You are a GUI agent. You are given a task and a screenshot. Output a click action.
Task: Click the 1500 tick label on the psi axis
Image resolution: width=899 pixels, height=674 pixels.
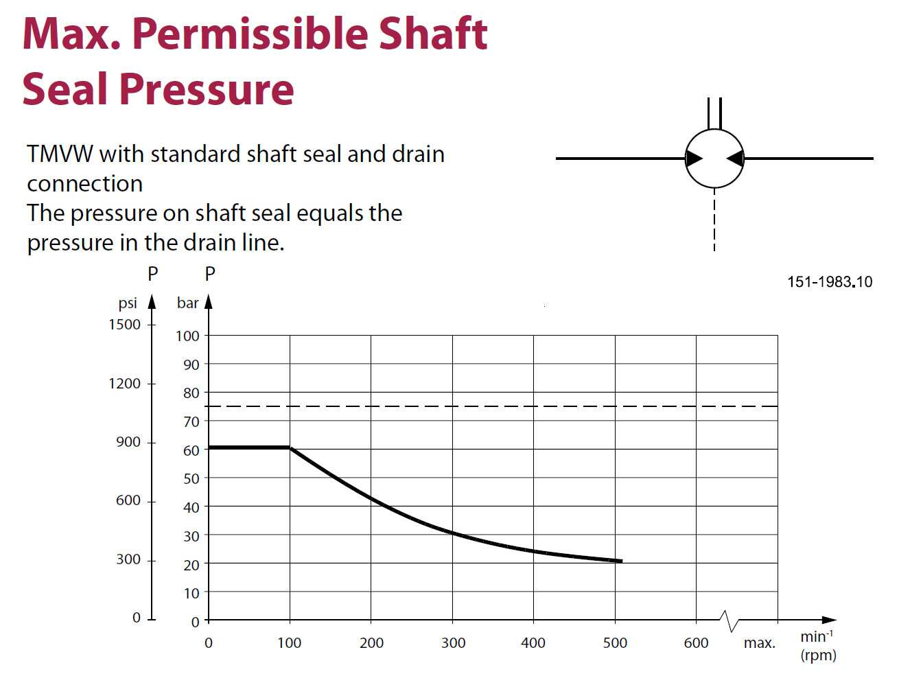pyautogui.click(x=124, y=324)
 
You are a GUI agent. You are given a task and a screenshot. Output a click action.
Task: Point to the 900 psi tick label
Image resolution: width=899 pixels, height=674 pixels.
pyautogui.click(x=128, y=442)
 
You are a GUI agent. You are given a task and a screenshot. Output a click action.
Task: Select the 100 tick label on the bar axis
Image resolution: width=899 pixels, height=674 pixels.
pyautogui.click(x=187, y=336)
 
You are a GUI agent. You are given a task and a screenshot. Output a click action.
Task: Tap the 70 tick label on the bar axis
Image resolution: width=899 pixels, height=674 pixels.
pyautogui.click(x=191, y=421)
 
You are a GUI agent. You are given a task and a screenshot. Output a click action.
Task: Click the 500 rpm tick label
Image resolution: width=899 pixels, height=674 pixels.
pyautogui.click(x=615, y=643)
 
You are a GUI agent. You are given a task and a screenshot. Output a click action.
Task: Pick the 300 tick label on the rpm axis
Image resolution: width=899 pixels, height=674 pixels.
pyautogui.click(x=453, y=643)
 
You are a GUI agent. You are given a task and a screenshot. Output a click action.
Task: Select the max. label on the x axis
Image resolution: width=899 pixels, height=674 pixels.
pyautogui.click(x=759, y=643)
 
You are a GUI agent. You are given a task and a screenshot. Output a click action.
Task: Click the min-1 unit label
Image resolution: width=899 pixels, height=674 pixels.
pyautogui.click(x=817, y=636)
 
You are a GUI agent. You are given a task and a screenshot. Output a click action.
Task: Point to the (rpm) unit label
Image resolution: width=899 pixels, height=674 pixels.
pyautogui.click(x=818, y=655)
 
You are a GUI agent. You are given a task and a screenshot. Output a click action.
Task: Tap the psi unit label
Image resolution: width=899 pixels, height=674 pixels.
pyautogui.click(x=128, y=303)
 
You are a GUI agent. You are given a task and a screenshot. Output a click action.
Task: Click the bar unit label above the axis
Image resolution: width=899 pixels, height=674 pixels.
pyautogui.click(x=187, y=303)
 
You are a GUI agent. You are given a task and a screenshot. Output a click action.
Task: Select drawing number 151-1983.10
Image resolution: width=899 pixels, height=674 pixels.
pyautogui.click(x=829, y=281)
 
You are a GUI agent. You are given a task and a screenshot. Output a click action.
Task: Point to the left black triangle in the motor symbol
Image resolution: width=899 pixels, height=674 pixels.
pyautogui.click(x=694, y=159)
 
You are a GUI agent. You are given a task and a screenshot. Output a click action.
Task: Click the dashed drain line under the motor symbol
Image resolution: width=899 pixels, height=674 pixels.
pyautogui.click(x=714, y=220)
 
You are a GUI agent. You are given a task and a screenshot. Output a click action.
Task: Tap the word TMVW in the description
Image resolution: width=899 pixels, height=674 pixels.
pyautogui.click(x=60, y=154)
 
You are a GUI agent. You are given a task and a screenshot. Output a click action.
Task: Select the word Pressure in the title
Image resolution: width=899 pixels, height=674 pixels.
pyautogui.click(x=207, y=89)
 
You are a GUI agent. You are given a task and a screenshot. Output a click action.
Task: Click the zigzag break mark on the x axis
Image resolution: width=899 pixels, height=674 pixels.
pyautogui.click(x=729, y=620)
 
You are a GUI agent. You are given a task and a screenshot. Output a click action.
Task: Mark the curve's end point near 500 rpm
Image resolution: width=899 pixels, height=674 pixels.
pyautogui.click(x=620, y=561)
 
